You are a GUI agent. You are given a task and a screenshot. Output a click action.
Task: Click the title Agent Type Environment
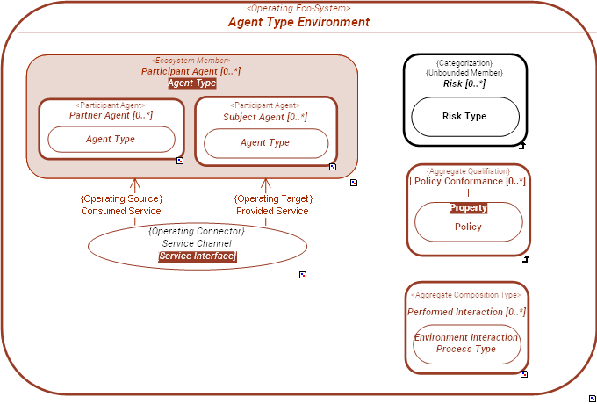point(298,22)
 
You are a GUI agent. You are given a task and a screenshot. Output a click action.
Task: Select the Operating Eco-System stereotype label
point(298,8)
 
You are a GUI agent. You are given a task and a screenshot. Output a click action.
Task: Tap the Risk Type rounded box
point(464,117)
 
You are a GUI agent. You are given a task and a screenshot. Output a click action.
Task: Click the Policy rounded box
point(468,227)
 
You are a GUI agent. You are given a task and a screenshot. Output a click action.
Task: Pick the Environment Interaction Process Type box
point(467,343)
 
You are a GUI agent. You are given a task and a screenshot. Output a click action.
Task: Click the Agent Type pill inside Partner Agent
point(111,140)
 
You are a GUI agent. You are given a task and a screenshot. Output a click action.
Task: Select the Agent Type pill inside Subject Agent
point(265,143)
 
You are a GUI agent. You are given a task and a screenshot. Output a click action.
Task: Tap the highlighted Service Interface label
point(197,256)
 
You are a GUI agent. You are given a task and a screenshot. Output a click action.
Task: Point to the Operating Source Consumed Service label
point(121,205)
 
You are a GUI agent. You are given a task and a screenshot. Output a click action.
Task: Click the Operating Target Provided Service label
point(272,205)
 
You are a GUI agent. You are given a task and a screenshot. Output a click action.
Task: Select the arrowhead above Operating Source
point(135,184)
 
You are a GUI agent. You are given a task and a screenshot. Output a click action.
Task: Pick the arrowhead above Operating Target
point(265,184)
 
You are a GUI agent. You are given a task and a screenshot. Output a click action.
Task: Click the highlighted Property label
point(468,208)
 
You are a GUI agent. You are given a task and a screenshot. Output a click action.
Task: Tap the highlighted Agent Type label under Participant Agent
point(191,83)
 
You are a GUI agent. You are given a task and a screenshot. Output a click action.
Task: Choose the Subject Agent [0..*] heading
point(265,117)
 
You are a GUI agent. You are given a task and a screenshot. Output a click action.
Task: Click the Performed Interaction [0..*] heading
point(467,312)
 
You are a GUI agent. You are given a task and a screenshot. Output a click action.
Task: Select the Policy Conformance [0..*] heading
point(469,181)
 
